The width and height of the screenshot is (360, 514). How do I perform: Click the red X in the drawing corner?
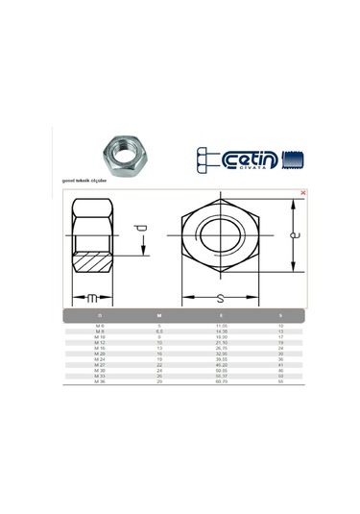[x=303, y=192]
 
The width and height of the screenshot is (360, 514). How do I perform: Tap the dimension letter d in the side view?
[x=142, y=231]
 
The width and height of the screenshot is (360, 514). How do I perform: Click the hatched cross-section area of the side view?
[x=94, y=261]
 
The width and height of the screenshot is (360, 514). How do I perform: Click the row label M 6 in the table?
[x=100, y=328]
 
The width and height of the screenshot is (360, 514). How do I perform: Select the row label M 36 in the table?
[x=100, y=382]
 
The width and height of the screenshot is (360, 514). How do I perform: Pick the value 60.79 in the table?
[x=221, y=382]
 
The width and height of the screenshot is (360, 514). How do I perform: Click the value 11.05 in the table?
[x=221, y=328]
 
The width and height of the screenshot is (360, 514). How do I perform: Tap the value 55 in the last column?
[x=280, y=382]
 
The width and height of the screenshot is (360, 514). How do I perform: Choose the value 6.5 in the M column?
[x=160, y=332]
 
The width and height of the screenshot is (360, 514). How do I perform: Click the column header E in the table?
[x=221, y=315]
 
